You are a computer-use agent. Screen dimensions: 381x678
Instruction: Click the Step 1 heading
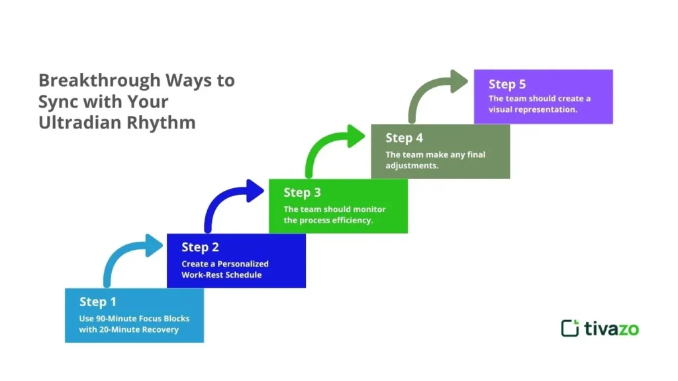(x=97, y=302)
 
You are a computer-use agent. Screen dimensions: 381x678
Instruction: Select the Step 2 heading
(x=200, y=247)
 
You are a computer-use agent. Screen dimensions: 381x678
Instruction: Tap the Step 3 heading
(x=302, y=193)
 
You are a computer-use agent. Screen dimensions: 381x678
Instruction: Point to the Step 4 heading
(x=404, y=138)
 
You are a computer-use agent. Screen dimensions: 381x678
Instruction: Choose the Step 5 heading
(x=507, y=84)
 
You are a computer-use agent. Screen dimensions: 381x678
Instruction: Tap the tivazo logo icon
(x=569, y=328)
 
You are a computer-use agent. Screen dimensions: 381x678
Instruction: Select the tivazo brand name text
(x=611, y=328)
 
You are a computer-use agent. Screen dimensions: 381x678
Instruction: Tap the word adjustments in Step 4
(x=411, y=166)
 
